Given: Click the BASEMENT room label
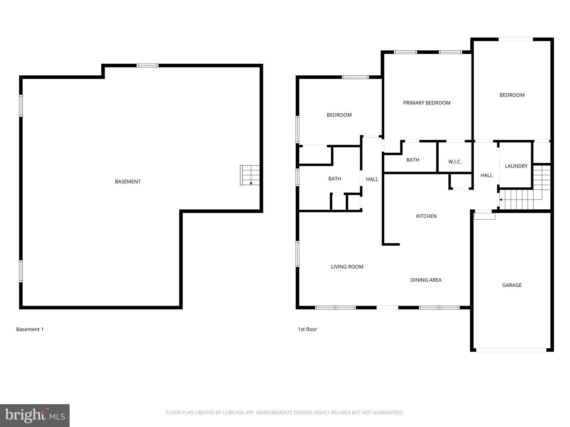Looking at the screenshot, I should pyautogui.click(x=128, y=182).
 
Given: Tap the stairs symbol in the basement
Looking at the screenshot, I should pyautogui.click(x=250, y=175).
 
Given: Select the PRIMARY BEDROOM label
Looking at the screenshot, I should pyautogui.click(x=427, y=103).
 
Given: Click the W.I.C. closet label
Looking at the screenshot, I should pyautogui.click(x=455, y=162).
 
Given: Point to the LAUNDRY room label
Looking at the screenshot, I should pyautogui.click(x=516, y=166).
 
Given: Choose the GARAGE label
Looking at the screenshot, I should pyautogui.click(x=512, y=285).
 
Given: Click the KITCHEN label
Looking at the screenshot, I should pyautogui.click(x=426, y=216).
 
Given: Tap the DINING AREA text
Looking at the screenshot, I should pyautogui.click(x=426, y=280).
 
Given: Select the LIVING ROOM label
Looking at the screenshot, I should pyautogui.click(x=347, y=267).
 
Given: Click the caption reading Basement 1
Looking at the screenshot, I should pyautogui.click(x=30, y=329).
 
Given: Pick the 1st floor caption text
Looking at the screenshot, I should pyautogui.click(x=307, y=329).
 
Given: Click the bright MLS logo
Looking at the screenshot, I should pyautogui.click(x=35, y=416).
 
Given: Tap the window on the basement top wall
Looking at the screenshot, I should pyautogui.click(x=148, y=66).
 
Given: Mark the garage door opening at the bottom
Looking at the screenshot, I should pyautogui.click(x=511, y=350).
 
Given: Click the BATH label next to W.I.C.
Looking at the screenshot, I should pyautogui.click(x=412, y=160).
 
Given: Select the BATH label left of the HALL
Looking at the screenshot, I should pyautogui.click(x=335, y=179).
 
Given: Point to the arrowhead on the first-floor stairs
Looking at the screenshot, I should pyautogui.click(x=501, y=200).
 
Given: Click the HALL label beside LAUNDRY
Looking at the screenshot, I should pyautogui.click(x=486, y=175).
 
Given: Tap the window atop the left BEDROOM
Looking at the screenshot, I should pyautogui.click(x=355, y=77).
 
